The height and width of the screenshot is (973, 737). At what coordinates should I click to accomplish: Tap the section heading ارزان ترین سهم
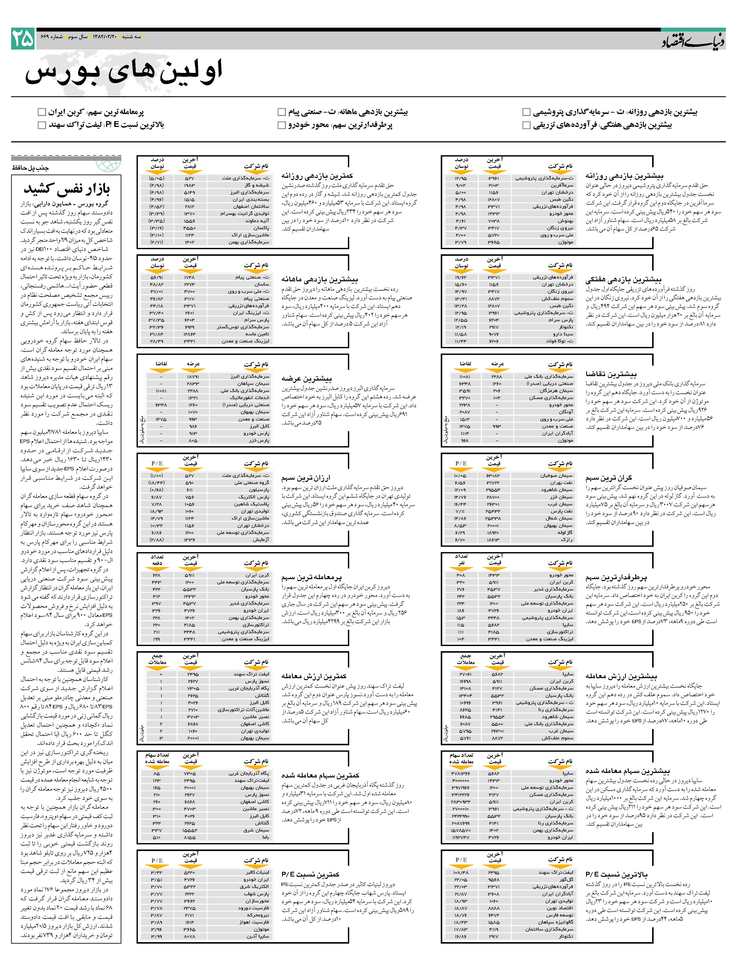point(306,478)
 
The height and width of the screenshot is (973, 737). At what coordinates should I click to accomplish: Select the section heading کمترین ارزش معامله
point(314,676)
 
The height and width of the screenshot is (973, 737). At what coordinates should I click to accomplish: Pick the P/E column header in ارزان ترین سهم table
point(157,463)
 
